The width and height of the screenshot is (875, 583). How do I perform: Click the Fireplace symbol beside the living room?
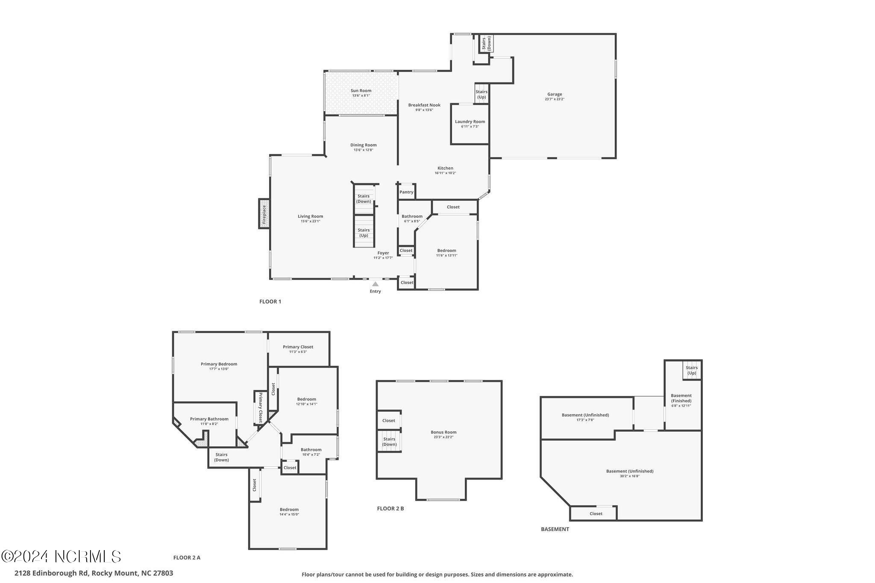(x=264, y=214)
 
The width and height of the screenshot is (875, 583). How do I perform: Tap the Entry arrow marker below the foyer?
(x=375, y=284)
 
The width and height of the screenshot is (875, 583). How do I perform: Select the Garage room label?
(x=555, y=94)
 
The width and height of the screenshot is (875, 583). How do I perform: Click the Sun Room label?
(x=361, y=91)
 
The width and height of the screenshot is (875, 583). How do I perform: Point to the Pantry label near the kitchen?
(x=406, y=192)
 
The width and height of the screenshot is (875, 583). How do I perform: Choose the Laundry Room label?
(x=470, y=122)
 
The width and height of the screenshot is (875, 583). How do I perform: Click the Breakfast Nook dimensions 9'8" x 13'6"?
(x=424, y=110)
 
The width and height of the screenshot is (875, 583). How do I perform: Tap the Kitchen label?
(x=445, y=168)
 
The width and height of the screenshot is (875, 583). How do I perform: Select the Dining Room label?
(x=364, y=145)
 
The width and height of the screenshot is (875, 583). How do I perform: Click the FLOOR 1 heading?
(x=270, y=302)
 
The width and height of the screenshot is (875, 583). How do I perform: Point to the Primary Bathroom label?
(x=209, y=419)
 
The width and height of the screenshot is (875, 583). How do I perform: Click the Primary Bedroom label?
(x=219, y=364)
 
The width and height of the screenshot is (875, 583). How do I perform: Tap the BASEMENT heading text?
(x=555, y=529)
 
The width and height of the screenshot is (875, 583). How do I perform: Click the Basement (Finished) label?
(x=681, y=398)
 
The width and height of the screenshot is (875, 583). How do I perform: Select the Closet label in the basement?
(x=596, y=514)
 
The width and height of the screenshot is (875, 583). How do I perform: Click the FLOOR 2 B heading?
(x=390, y=509)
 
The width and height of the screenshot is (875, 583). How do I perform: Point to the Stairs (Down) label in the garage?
(x=487, y=44)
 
